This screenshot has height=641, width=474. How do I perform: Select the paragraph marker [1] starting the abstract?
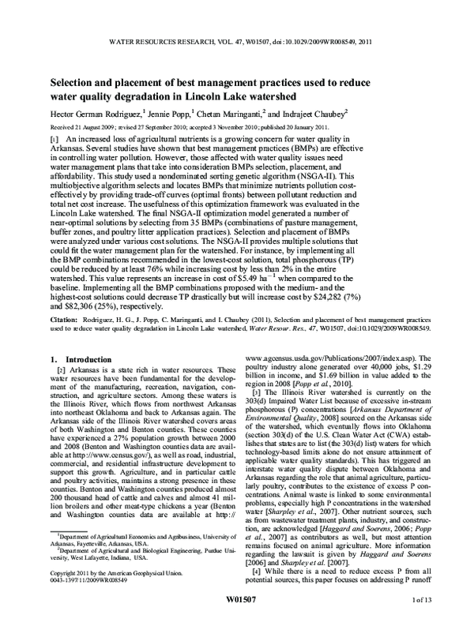coord(55,138)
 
